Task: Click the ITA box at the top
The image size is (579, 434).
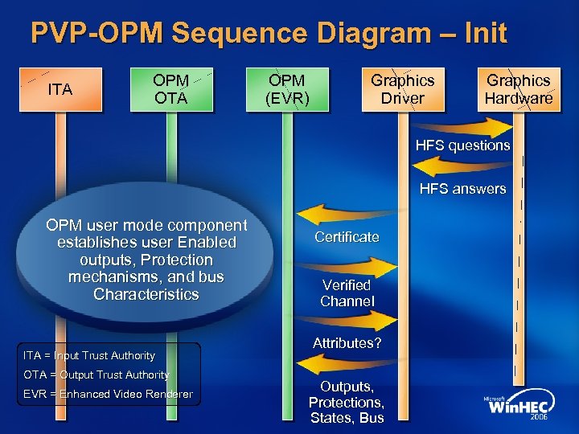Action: click(60, 89)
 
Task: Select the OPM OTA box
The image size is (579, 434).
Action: click(171, 89)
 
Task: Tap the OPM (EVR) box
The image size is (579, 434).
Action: click(288, 89)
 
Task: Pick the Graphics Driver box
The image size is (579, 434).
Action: click(402, 89)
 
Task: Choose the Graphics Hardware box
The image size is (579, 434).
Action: click(518, 89)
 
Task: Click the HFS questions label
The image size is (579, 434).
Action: click(462, 145)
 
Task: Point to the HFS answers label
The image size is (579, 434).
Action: click(462, 189)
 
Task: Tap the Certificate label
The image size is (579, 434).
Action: click(347, 237)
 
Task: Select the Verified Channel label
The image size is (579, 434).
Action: click(347, 293)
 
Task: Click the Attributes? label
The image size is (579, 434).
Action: click(347, 343)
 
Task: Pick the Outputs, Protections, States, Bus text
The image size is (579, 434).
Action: click(347, 402)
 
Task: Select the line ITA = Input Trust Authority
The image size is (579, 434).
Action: click(89, 355)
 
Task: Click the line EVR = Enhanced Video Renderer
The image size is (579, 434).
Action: click(108, 394)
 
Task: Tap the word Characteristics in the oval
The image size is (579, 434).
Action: click(146, 295)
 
